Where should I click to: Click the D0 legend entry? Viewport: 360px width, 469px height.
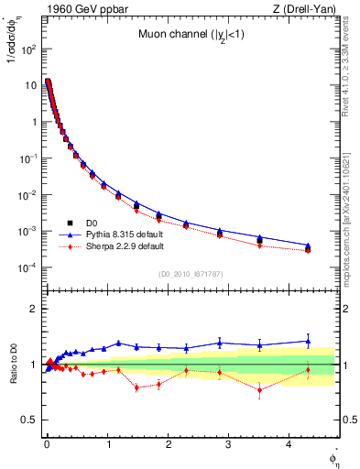92,222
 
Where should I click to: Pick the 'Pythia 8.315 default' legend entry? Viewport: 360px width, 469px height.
117,234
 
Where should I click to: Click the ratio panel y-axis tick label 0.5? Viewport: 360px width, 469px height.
29,420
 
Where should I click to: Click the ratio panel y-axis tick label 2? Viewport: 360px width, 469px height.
33,309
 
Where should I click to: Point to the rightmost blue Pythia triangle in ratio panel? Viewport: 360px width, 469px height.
308,341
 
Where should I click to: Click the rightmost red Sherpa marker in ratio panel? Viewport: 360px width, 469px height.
308,370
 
